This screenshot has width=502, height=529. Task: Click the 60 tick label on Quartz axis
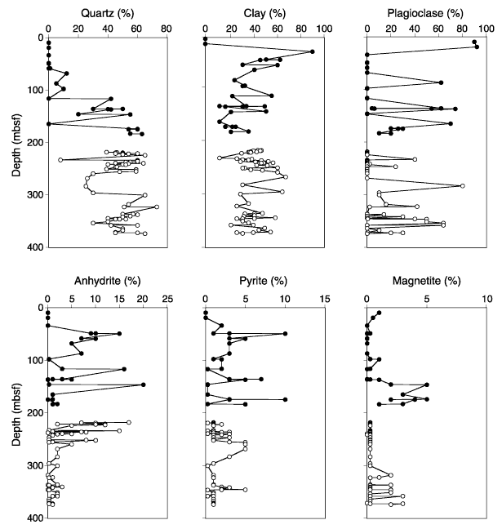click(x=136, y=29)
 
